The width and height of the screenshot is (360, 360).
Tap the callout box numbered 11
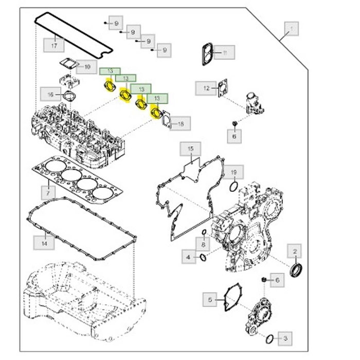click(x=225, y=52)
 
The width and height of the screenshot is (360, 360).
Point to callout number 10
click(x=87, y=67)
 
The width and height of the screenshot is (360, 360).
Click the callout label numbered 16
click(x=50, y=95)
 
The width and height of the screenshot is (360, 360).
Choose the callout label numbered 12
click(x=206, y=88)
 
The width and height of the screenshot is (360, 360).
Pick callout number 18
click(x=181, y=123)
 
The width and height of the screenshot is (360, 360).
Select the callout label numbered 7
click(x=47, y=193)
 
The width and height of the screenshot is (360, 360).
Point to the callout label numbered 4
click(x=189, y=256)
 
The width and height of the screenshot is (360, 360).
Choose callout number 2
click(x=295, y=251)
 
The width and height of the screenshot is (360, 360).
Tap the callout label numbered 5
click(x=210, y=299)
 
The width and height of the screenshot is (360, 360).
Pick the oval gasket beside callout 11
click(x=207, y=53)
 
